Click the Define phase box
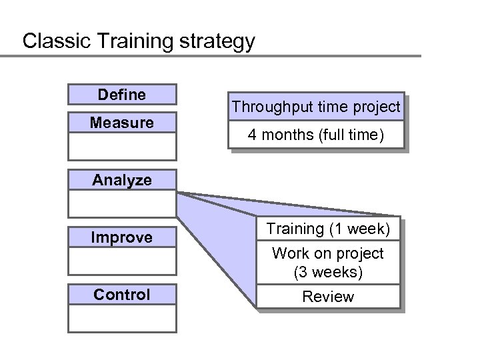122,95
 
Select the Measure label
122,123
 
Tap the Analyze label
122,180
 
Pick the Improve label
122,237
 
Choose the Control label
122,295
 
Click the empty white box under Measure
122,146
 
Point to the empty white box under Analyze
122,203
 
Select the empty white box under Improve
122,261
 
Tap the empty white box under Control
122,318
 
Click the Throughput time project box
316,107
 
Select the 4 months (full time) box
316,135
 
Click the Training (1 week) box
328,229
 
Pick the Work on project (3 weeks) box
328,263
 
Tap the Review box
328,297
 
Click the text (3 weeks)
328,273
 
